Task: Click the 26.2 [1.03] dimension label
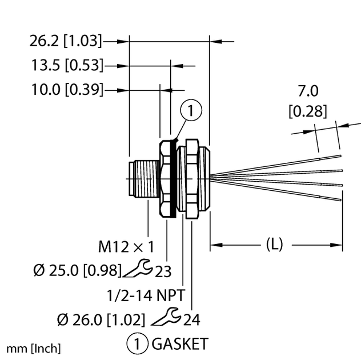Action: pyautogui.click(x=66, y=41)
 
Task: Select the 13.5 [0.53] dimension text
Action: pyautogui.click(x=67, y=66)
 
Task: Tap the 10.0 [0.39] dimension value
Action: pyautogui.click(x=67, y=90)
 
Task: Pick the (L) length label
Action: pyautogui.click(x=275, y=245)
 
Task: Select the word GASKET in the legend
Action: pyautogui.click(x=179, y=344)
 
